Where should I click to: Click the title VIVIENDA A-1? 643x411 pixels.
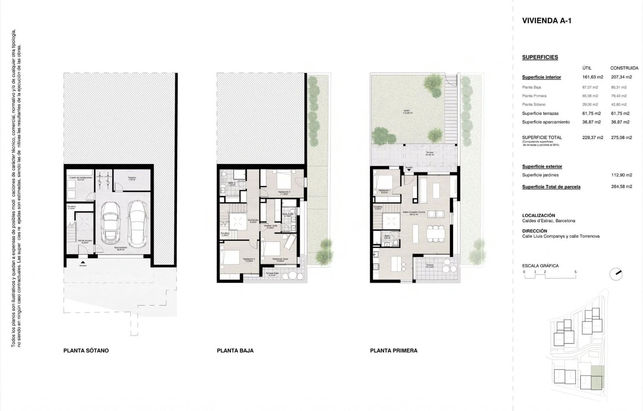[x=547, y=21]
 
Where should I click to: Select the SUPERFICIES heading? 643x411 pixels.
[x=540, y=57]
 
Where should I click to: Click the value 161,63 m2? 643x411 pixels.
[x=592, y=77]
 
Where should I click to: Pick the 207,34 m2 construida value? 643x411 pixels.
[x=621, y=77]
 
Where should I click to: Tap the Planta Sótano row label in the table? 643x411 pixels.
[x=534, y=105]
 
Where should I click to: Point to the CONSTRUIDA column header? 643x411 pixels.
[x=624, y=68]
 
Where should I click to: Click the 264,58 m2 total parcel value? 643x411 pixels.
[x=621, y=187]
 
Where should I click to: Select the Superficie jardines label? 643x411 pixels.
[x=540, y=175]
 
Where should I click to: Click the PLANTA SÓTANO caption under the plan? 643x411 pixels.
[x=86, y=351]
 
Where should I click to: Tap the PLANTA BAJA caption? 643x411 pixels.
[x=235, y=351]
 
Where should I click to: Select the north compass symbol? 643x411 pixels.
[x=616, y=274]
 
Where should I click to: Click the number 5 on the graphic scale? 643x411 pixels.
[x=575, y=272]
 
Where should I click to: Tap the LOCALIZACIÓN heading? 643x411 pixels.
[x=539, y=216]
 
